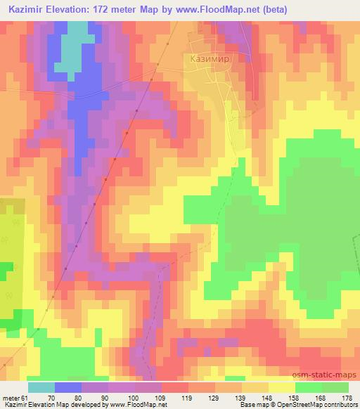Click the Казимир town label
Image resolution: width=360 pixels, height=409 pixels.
coord(210,60)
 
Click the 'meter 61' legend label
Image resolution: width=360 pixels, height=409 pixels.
coord(15,397)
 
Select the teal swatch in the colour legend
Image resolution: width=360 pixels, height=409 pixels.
coord(41,387)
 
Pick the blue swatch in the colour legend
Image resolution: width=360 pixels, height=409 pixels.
coord(68,387)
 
